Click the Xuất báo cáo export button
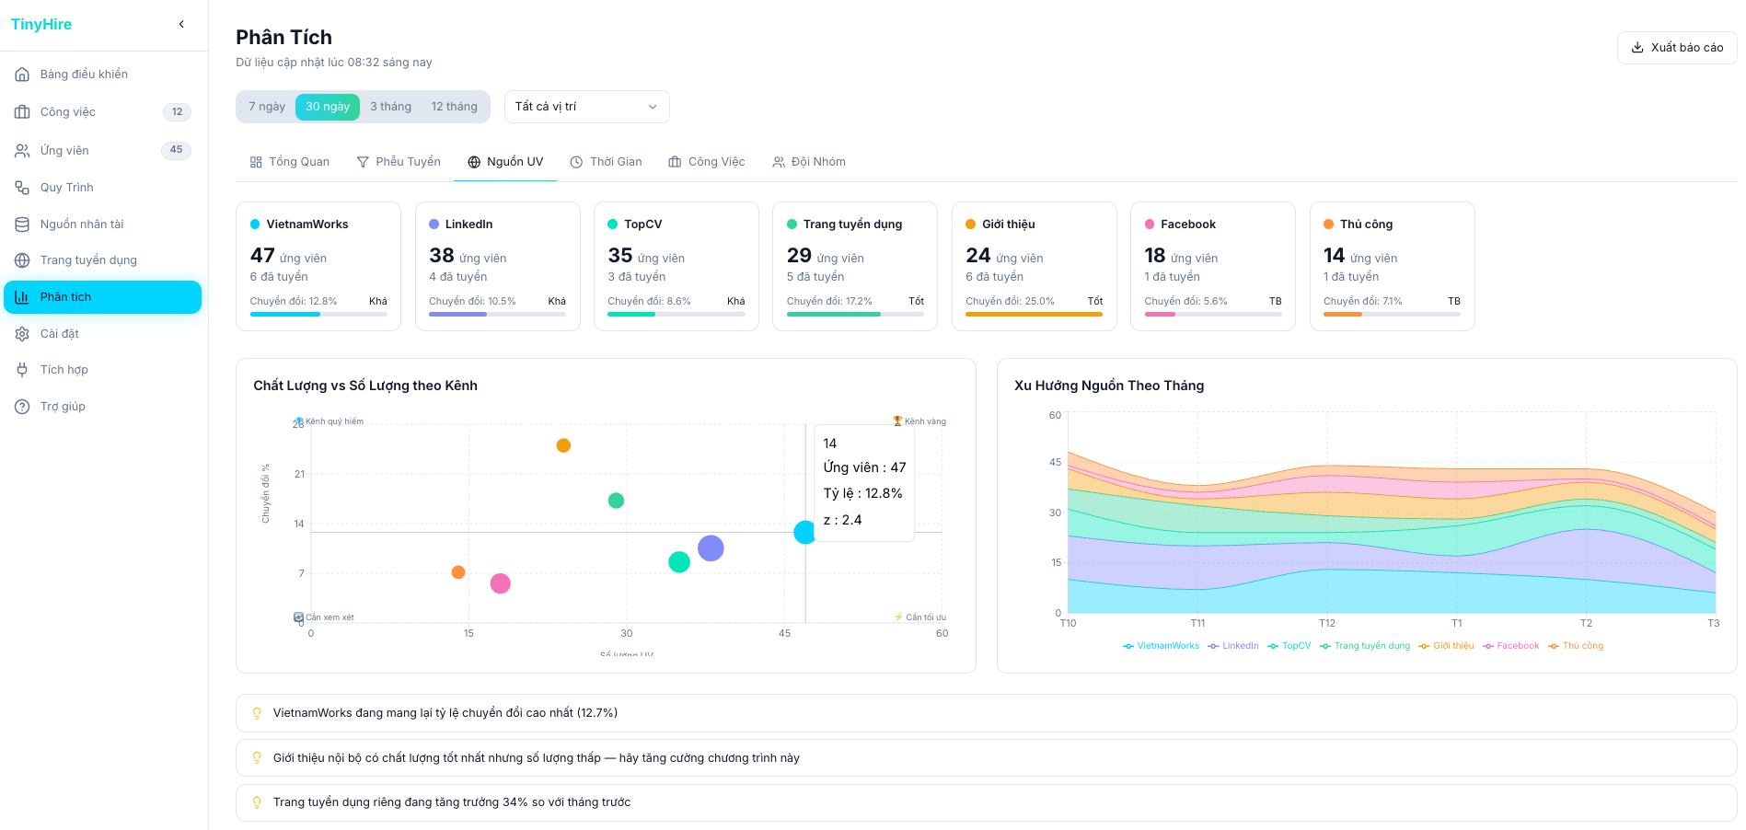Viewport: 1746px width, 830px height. (1676, 48)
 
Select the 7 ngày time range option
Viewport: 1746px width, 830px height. (266, 107)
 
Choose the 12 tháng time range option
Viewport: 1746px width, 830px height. (454, 107)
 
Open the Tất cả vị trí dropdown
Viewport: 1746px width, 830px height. (586, 107)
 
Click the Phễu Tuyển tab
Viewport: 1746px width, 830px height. (399, 162)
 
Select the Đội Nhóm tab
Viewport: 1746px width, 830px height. (809, 162)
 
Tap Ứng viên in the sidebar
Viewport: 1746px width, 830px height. (64, 150)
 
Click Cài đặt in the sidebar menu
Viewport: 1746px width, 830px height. (59, 333)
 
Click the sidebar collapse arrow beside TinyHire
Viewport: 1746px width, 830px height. (181, 24)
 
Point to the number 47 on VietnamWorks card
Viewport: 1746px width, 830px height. (262, 256)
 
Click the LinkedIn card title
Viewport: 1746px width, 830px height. (468, 225)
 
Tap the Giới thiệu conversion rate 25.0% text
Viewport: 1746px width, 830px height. (1010, 301)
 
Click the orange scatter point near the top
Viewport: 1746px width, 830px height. (563, 445)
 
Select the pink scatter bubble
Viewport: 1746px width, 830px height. (500, 583)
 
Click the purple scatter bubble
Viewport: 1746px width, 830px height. (711, 548)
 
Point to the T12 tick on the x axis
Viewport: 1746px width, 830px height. (1326, 624)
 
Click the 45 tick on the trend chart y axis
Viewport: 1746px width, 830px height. (1055, 462)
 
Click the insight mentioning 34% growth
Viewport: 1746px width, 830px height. (451, 802)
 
